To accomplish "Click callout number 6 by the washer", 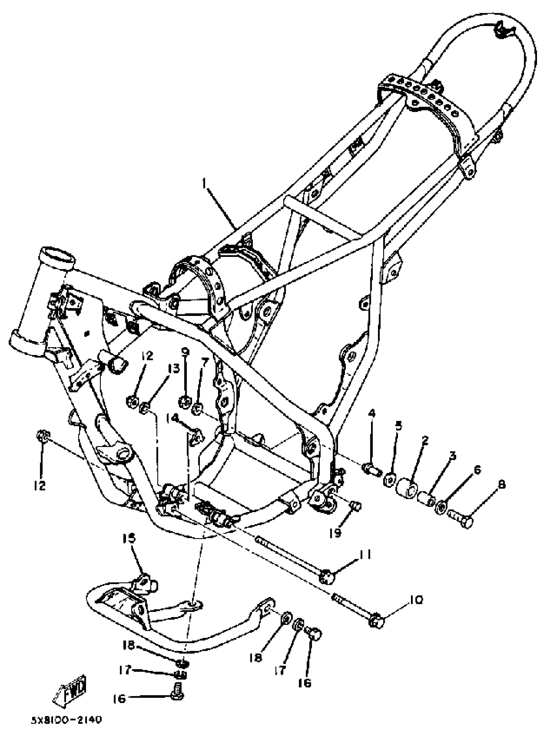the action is pyautogui.click(x=478, y=470).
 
